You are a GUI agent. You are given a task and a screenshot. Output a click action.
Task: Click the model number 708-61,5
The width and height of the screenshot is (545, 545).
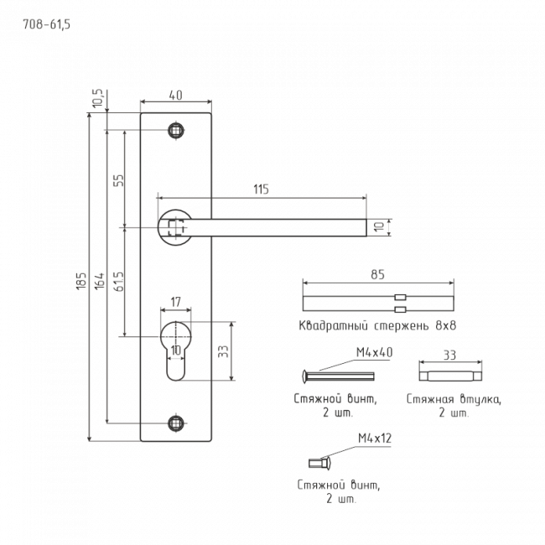(47, 24)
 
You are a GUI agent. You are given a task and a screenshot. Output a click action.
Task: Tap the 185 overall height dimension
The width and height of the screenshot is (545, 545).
(81, 281)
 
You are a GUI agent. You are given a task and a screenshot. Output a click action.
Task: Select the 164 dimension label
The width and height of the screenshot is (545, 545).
(100, 281)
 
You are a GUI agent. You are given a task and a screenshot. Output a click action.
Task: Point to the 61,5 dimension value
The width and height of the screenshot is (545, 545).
(118, 282)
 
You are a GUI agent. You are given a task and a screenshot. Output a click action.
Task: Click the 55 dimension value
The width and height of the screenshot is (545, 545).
(118, 180)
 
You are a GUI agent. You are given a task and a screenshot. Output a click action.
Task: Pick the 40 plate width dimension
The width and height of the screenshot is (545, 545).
(175, 95)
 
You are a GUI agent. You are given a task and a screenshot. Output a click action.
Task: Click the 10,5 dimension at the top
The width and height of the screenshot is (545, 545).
(98, 98)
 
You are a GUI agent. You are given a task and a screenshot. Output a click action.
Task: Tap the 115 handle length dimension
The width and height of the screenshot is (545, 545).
(261, 189)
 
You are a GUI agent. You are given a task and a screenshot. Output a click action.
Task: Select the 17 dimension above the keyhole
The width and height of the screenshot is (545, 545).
(176, 302)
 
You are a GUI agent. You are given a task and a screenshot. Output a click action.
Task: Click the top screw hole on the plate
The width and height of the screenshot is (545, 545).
(176, 131)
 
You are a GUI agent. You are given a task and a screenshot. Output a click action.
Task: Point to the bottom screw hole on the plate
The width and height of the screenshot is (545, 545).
(176, 423)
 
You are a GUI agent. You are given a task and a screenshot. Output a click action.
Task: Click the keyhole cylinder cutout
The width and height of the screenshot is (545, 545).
(176, 350)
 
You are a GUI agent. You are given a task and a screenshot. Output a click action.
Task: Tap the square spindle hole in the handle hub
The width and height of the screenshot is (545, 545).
(176, 227)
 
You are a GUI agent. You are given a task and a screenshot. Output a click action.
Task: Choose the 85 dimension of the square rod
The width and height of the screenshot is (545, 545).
(377, 274)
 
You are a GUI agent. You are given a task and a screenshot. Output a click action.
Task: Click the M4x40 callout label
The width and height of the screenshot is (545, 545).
(374, 352)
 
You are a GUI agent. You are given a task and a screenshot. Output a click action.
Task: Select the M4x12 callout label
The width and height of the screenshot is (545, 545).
(375, 439)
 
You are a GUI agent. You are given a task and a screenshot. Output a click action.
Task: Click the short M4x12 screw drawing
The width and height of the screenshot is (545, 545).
(320, 463)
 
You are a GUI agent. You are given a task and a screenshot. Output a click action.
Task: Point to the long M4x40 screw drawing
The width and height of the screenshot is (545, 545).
(338, 376)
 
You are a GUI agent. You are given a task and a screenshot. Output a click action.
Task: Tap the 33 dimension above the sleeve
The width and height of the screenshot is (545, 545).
(449, 356)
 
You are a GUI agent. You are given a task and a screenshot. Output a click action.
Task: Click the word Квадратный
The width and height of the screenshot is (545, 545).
(334, 326)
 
